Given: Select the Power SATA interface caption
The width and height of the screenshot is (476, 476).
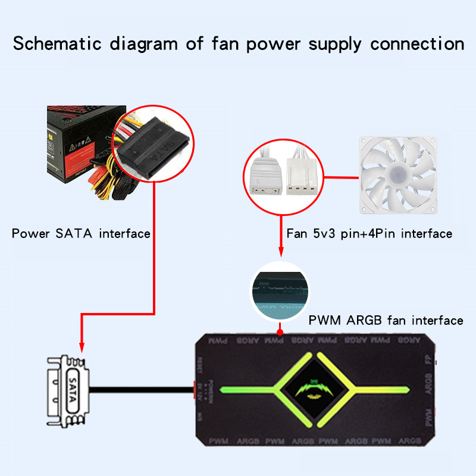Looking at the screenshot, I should click(x=81, y=233).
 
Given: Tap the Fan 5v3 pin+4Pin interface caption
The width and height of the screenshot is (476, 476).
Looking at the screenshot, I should click(x=369, y=233).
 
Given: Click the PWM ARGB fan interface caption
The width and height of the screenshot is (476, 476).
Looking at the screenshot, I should click(x=386, y=321).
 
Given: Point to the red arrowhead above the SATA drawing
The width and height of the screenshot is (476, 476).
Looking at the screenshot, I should click(x=81, y=350).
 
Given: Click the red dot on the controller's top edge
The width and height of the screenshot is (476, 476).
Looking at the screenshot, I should click(x=280, y=328).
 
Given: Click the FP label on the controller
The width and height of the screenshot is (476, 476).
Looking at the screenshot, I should click(x=429, y=359).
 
